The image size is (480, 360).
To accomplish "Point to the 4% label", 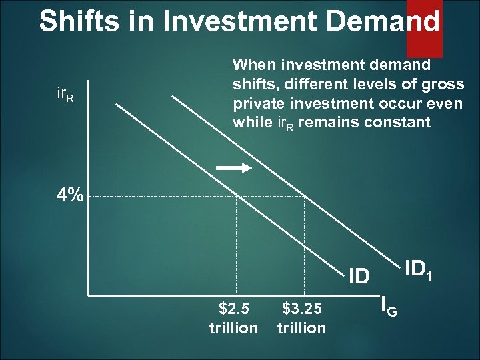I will (70, 195).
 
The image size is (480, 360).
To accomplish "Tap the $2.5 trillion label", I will (233, 318).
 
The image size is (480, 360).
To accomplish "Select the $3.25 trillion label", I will (301, 318).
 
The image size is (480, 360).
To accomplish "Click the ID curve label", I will (359, 275).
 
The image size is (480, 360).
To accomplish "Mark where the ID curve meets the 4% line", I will (238, 196).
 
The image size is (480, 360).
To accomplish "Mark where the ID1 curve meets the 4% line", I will (305, 196).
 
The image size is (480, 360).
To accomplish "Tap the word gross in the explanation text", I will (447, 85).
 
